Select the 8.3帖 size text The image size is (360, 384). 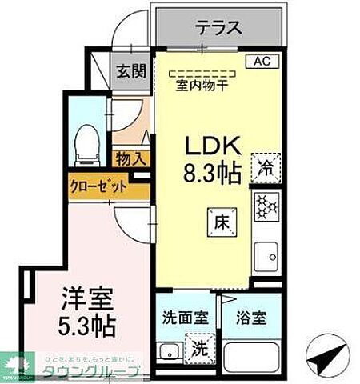(214, 174)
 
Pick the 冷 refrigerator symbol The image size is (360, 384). (266, 167)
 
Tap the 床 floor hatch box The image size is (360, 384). (222, 222)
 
